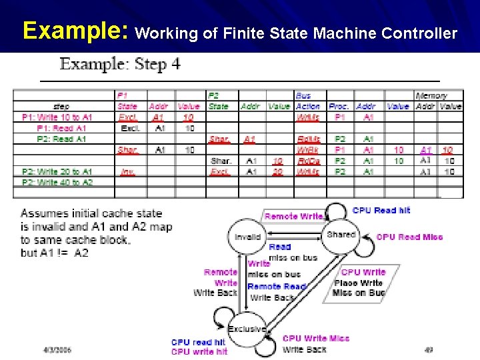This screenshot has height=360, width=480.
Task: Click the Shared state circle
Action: [x=341, y=235]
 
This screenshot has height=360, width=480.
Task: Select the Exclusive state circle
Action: [x=246, y=329]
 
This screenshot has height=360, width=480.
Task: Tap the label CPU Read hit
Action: [x=381, y=211]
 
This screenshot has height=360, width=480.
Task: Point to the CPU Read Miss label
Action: [x=409, y=237]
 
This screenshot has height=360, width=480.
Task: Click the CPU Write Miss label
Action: [x=315, y=339]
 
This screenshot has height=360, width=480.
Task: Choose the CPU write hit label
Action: [x=199, y=351]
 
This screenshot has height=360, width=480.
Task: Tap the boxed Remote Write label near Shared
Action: [x=293, y=216]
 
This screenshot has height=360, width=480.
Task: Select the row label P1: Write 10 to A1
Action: [x=57, y=117]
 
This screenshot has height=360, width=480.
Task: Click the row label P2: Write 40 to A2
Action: [x=57, y=182]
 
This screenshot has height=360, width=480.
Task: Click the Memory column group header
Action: [x=431, y=96]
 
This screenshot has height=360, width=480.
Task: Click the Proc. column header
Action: [x=339, y=107]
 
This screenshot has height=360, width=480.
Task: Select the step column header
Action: [x=61, y=107]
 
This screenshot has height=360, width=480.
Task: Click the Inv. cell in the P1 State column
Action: [x=127, y=171]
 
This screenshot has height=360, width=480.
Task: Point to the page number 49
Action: [x=429, y=349]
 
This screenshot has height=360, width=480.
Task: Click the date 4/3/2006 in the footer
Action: [x=57, y=349]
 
